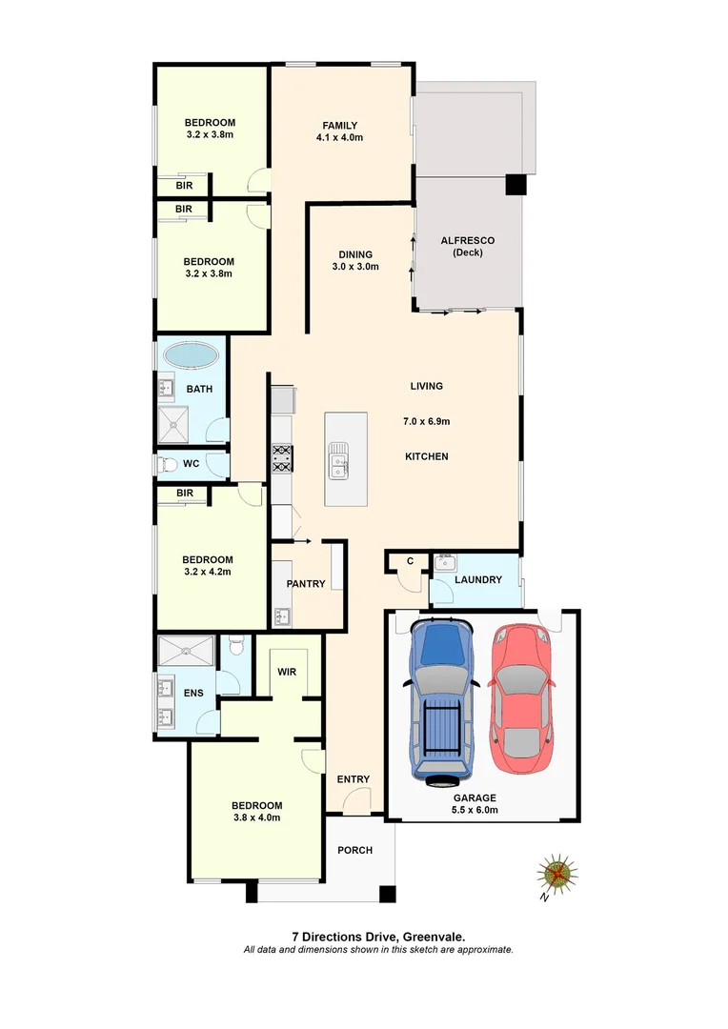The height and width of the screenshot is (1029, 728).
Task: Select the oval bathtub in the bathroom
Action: tap(191, 356)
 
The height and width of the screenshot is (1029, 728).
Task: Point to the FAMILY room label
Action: tap(339, 126)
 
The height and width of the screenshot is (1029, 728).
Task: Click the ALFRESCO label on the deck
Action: tap(467, 240)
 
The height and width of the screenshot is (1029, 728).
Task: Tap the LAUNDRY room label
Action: tap(478, 579)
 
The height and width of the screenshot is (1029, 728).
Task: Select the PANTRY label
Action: tap(306, 584)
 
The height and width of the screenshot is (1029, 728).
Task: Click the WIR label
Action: tap(288, 672)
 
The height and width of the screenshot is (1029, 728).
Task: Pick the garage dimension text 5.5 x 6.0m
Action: tap(475, 811)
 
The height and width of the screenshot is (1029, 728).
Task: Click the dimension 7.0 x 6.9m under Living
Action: tap(425, 421)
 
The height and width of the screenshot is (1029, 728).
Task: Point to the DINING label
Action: tap(354, 254)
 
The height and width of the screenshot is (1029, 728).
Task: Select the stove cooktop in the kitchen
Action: tap(282, 459)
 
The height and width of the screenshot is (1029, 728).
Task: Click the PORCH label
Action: tap(354, 850)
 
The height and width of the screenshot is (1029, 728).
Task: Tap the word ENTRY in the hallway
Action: tap(353, 779)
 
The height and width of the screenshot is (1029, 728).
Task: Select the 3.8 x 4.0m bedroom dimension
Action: tap(256, 817)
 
